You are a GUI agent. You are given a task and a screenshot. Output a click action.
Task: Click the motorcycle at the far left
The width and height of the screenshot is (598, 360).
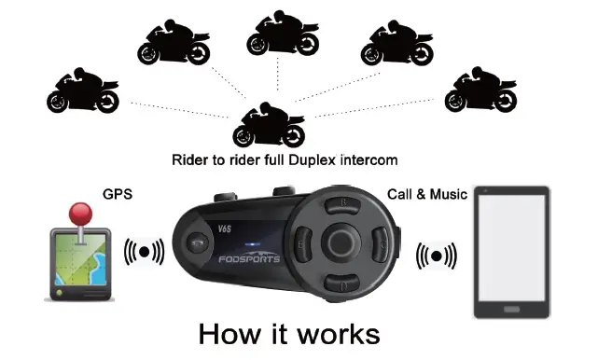tap(83, 91)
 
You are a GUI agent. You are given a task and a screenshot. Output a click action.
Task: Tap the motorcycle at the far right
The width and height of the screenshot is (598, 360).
tap(481, 90)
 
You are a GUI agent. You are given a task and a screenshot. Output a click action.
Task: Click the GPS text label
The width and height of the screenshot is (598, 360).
tap(117, 195)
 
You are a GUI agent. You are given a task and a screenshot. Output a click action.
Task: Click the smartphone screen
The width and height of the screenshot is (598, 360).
tap(511, 251)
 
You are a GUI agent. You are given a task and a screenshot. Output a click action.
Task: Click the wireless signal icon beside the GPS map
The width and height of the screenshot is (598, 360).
tap(145, 251)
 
